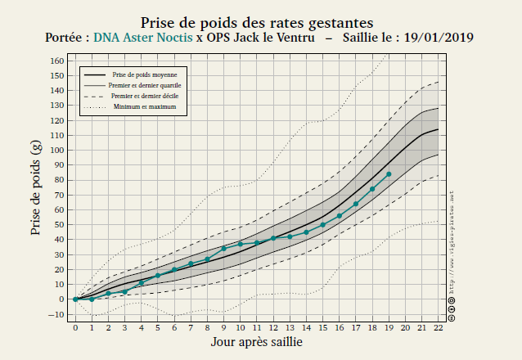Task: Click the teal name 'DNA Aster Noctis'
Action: pos(143,38)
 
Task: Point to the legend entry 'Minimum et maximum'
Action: pos(144,106)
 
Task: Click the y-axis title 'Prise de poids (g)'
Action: pos(37,187)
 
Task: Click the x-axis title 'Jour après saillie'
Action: pos(257,342)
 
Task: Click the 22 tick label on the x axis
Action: pos(439,327)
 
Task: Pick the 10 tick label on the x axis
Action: pos(241,327)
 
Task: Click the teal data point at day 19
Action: pos(389,174)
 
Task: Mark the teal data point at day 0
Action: pos(75,299)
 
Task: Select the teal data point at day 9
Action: pos(223,249)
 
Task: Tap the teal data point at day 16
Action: pos(340,216)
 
